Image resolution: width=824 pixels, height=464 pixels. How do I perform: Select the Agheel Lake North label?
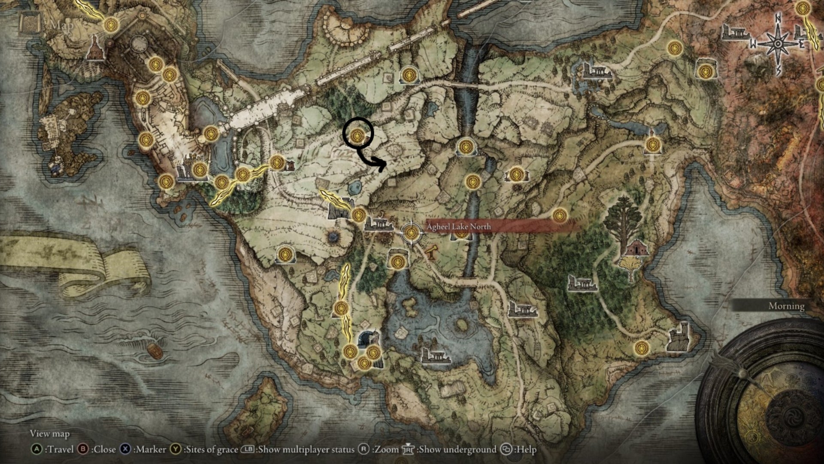(x=458, y=226)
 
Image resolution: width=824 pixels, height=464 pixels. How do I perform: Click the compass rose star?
(x=778, y=44)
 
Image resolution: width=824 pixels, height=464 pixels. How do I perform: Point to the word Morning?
(x=786, y=306)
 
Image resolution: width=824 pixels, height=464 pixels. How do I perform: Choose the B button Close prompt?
(x=97, y=449)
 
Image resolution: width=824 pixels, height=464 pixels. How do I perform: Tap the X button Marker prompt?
(x=143, y=449)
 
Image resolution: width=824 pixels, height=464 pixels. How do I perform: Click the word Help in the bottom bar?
(x=526, y=449)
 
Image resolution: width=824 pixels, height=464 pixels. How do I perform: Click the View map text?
(x=49, y=434)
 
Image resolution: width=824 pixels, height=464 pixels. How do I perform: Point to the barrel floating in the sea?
(x=155, y=351)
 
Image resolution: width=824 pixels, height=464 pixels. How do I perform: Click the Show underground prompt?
(x=450, y=449)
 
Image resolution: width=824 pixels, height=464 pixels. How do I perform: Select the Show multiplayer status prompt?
(x=298, y=449)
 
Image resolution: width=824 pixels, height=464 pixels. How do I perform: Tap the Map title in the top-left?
(x=61, y=25)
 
